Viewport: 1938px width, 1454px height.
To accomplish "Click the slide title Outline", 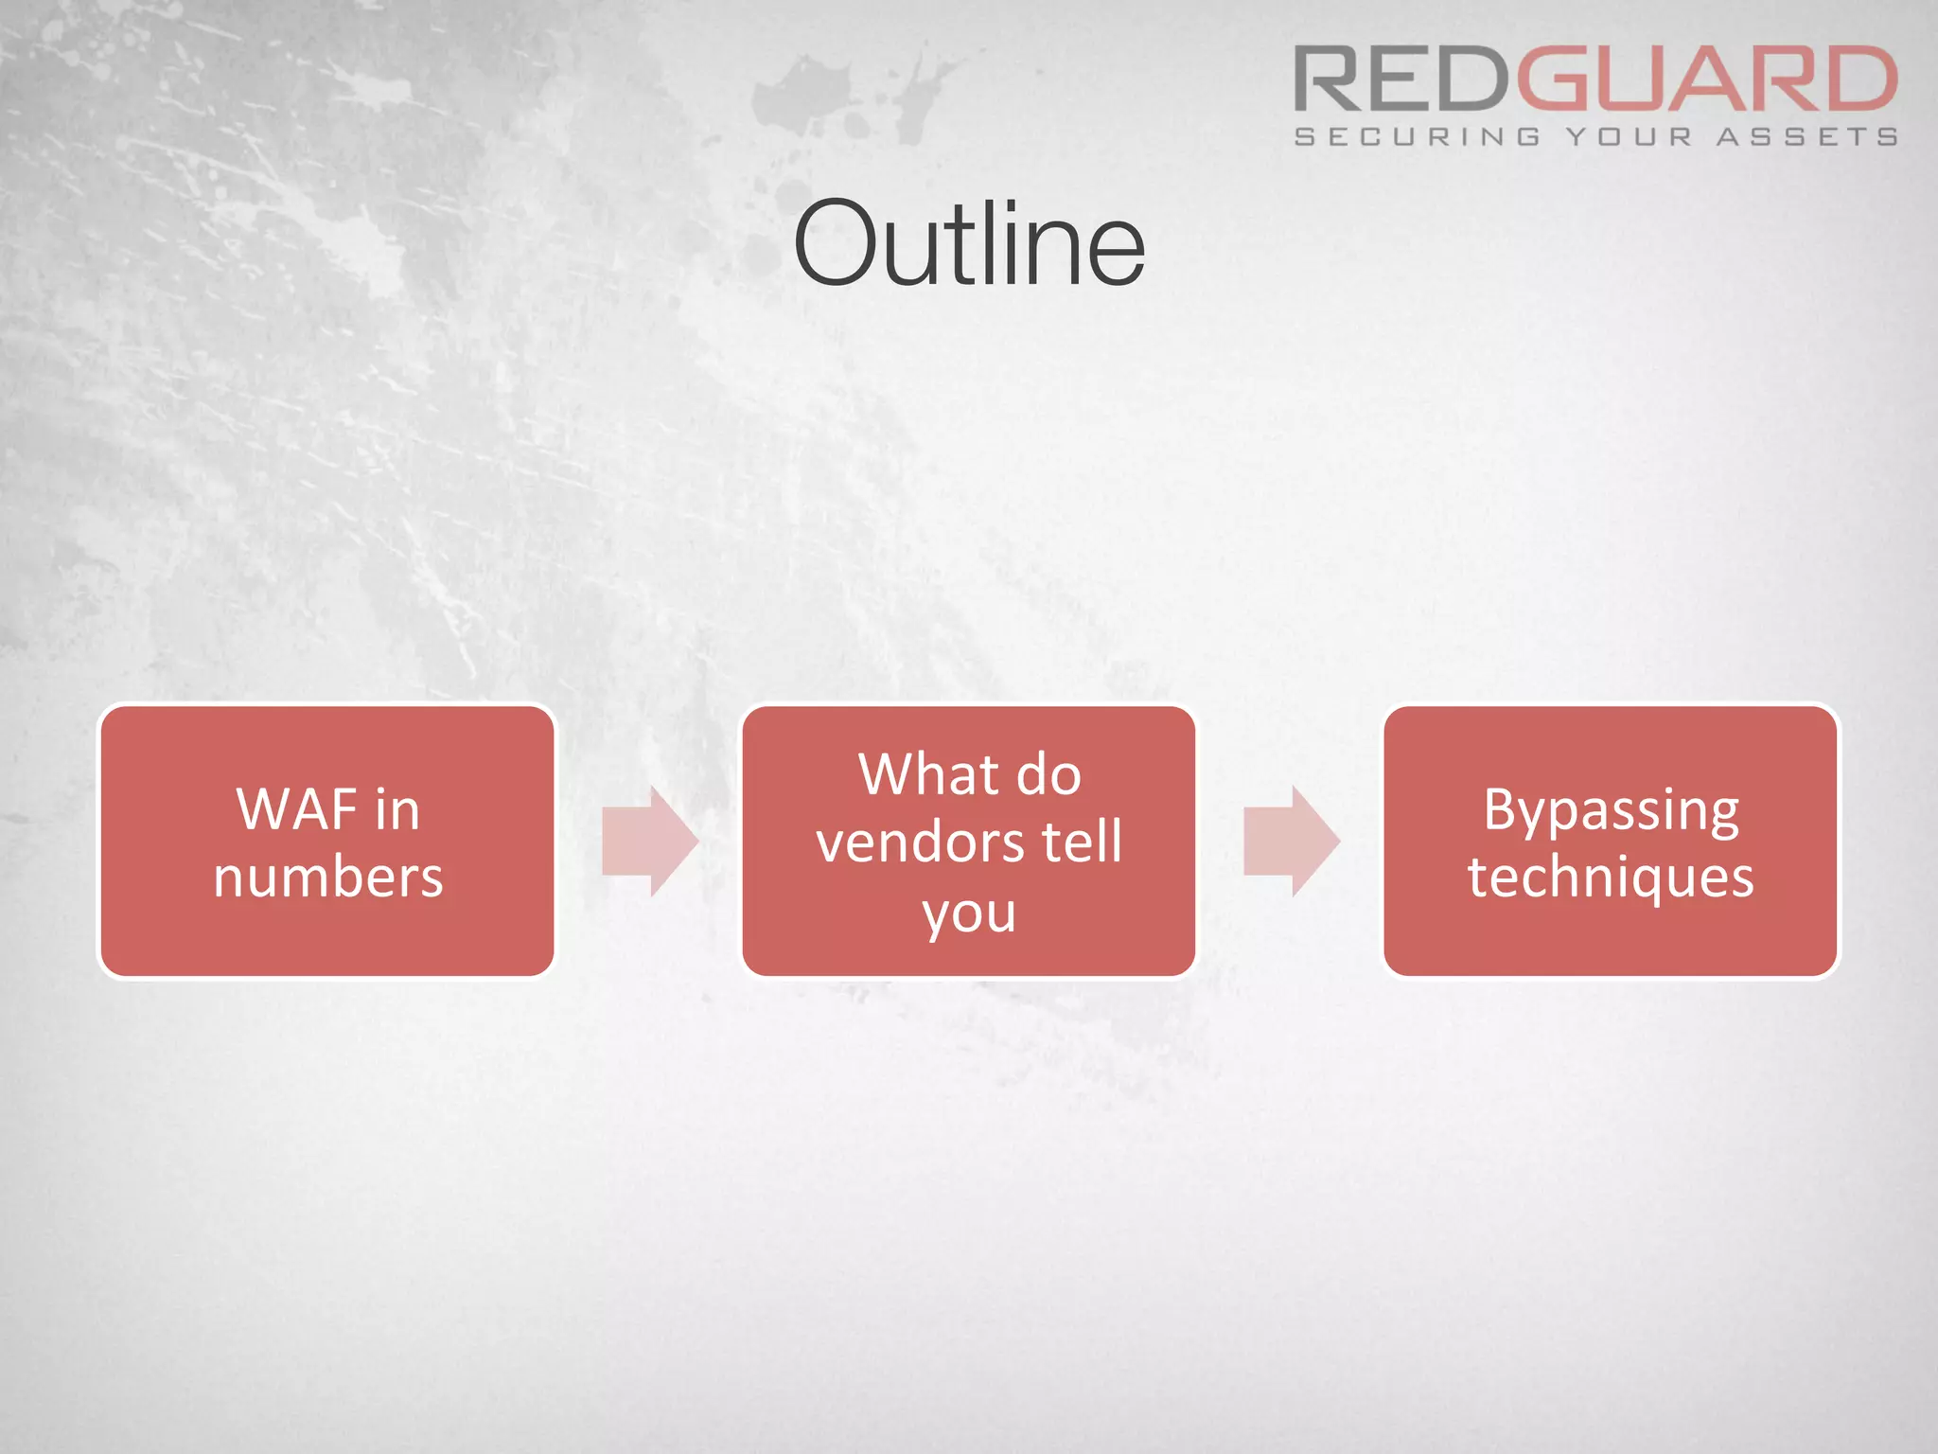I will [969, 244].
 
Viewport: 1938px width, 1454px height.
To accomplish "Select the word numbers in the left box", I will [327, 877].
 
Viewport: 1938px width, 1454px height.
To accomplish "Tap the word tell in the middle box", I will [1082, 842].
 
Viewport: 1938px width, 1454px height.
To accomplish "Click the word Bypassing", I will [1611, 811].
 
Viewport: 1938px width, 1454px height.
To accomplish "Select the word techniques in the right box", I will [1611, 877].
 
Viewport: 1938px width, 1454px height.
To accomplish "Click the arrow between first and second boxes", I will [650, 841].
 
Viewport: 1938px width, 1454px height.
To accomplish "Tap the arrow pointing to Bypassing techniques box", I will [1291, 841].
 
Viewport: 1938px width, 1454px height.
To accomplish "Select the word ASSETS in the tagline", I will [1806, 137].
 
